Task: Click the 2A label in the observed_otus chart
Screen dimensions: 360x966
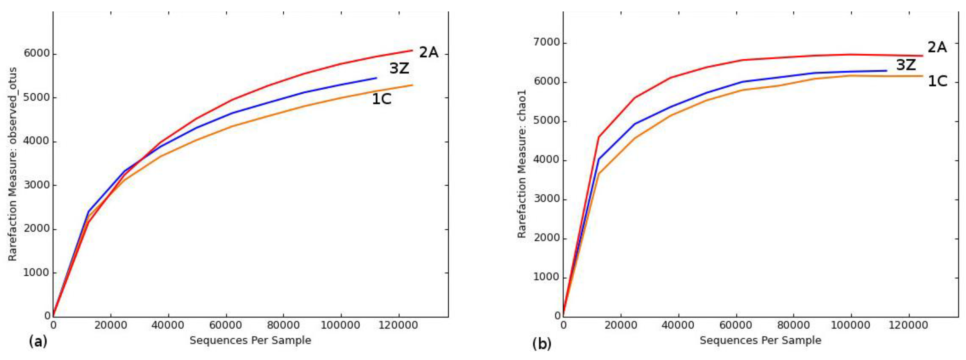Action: [x=429, y=53]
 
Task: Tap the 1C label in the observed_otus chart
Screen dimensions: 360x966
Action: [x=382, y=99]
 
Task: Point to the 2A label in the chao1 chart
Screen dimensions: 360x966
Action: [x=937, y=48]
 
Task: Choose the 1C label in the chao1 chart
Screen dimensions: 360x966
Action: [x=937, y=81]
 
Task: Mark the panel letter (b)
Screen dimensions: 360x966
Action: [x=541, y=343]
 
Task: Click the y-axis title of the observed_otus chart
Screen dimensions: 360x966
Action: [x=13, y=164]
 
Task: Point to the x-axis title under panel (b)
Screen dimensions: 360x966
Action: [x=761, y=341]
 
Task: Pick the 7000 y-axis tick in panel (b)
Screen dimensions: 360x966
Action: [x=546, y=43]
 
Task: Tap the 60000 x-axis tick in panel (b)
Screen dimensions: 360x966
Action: [x=736, y=325]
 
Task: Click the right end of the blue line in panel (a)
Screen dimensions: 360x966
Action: [x=376, y=78]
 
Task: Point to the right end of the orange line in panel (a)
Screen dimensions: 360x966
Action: [x=412, y=85]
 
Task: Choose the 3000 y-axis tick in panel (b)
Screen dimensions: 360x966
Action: [x=546, y=200]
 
